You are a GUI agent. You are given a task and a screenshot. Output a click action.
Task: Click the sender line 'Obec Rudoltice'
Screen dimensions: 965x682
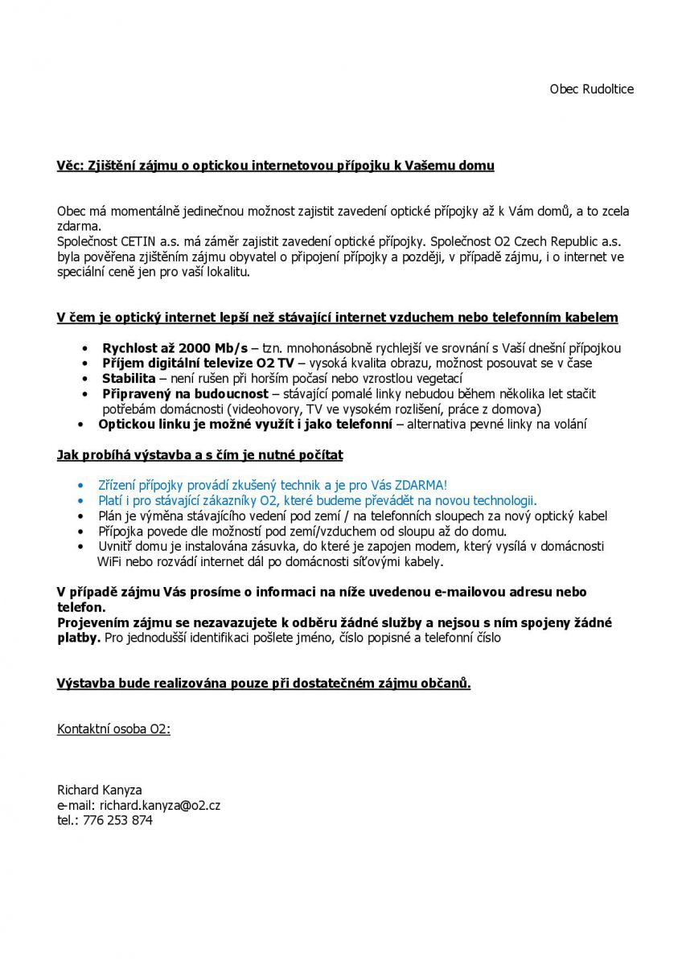pos(591,89)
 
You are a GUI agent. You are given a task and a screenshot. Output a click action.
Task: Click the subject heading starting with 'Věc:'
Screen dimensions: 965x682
pos(275,166)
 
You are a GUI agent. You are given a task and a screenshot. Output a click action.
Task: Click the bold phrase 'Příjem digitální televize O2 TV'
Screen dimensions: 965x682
pos(198,363)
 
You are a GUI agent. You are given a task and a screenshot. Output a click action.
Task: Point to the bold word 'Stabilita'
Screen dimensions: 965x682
pos(129,378)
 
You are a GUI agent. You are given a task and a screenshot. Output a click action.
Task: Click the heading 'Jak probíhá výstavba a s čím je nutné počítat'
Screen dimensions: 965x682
pos(199,455)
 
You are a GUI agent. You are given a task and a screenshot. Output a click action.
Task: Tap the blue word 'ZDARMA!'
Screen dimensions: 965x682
pos(419,485)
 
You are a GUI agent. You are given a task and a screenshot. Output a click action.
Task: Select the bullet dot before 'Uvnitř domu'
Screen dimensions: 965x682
pos(80,547)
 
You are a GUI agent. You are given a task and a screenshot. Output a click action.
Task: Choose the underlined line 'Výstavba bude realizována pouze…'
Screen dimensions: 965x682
pos(264,684)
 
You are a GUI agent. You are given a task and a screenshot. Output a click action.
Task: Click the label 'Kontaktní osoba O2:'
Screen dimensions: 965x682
pos(113,729)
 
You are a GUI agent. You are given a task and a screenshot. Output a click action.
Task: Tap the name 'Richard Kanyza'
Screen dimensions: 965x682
pos(99,790)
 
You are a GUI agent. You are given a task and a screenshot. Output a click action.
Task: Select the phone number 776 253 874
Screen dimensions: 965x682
pos(117,820)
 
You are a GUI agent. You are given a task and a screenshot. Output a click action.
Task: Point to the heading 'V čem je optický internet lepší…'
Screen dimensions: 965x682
pos(337,318)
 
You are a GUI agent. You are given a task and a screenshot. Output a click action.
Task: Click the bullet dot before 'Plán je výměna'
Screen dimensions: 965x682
pos(80,516)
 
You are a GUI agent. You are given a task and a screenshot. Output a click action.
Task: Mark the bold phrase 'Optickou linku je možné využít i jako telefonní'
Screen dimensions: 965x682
pos(245,424)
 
